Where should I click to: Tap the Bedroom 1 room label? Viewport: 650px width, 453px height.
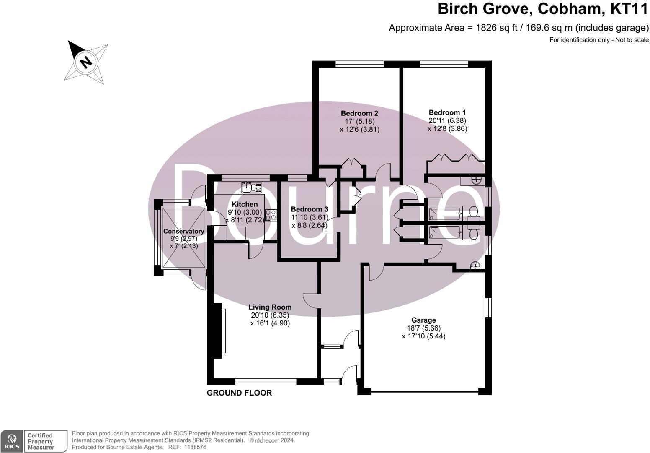click(447, 112)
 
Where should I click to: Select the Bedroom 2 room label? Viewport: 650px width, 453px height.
click(359, 113)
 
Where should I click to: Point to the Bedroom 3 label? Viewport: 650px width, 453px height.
click(310, 209)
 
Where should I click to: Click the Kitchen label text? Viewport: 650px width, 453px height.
click(245, 204)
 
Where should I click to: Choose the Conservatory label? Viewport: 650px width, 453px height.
click(183, 232)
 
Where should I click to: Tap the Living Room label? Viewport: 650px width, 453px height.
click(270, 307)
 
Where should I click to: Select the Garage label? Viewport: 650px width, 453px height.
click(423, 320)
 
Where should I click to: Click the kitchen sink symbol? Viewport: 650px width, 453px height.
click(251, 187)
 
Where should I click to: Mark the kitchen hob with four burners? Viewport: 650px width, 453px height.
click(271, 215)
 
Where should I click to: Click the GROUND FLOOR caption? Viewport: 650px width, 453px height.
click(239, 393)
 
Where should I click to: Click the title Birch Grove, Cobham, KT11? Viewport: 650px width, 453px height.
click(542, 8)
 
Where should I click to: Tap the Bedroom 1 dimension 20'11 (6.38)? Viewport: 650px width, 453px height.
click(447, 121)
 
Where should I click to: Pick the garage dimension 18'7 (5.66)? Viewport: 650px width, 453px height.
click(423, 328)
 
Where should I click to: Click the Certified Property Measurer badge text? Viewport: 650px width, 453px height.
click(41, 441)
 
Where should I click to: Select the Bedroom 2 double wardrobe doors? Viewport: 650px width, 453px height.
click(352, 163)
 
